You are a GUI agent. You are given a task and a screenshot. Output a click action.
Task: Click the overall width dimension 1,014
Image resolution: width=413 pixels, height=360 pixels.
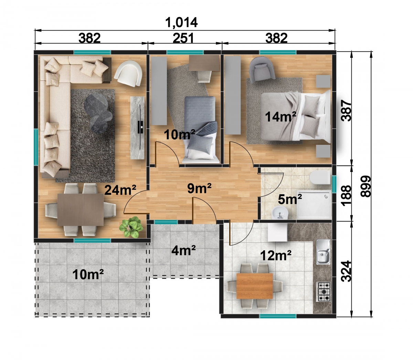click(181, 22)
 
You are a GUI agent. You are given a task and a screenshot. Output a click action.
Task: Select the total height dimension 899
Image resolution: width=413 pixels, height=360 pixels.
click(366, 186)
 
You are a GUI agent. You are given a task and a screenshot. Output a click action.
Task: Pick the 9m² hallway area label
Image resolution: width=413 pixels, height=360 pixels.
click(199, 188)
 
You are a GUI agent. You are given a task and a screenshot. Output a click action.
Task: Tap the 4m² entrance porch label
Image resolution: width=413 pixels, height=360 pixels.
click(183, 251)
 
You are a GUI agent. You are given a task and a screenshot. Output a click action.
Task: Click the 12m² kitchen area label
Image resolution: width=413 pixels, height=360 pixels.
click(276, 255)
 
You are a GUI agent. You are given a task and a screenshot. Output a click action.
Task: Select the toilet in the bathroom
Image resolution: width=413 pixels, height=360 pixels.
click(320, 177)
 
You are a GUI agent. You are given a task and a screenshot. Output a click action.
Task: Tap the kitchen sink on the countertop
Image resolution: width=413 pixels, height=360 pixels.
click(323, 252)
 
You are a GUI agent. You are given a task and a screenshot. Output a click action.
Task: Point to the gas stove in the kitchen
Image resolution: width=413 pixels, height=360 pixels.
click(324, 292)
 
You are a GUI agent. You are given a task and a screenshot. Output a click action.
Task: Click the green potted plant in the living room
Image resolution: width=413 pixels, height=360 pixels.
click(131, 227)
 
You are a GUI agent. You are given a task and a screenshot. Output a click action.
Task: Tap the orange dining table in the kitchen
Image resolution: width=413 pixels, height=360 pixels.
click(255, 286)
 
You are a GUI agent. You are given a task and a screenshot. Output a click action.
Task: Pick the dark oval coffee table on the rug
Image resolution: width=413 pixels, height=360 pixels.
click(98, 114)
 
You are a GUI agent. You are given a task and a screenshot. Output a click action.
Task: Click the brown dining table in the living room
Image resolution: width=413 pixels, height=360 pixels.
click(80, 209)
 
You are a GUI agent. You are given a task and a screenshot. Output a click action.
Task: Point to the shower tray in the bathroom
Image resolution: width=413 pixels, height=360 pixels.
click(314, 205)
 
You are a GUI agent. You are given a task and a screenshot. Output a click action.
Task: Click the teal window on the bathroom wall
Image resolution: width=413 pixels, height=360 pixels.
click(334, 184)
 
